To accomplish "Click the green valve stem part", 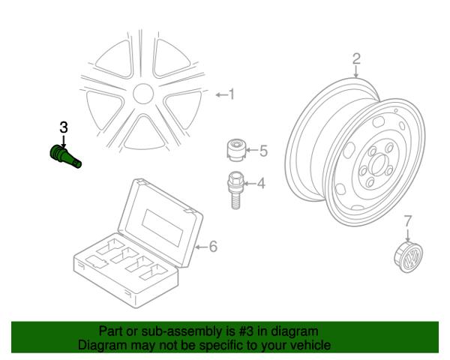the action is click(64, 157).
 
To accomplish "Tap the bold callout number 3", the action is click(64, 127).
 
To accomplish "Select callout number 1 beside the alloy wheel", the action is click(232, 94).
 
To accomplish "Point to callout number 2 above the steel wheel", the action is click(356, 58).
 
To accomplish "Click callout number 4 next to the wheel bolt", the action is click(261, 183).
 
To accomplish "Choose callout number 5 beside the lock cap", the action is click(263, 151).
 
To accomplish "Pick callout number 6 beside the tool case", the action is click(213, 246).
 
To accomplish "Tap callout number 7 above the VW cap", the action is click(408, 220).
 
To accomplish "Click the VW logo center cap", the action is click(408, 257).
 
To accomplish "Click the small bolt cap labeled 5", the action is click(236, 150).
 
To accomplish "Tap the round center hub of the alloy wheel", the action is click(143, 94).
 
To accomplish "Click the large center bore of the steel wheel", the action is click(378, 165).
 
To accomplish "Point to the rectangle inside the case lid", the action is click(163, 228).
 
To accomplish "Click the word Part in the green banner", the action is click(110, 331).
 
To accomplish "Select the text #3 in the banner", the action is click(246, 331).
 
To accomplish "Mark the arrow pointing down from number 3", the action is click(64, 142).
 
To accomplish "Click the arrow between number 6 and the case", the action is click(201, 247).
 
